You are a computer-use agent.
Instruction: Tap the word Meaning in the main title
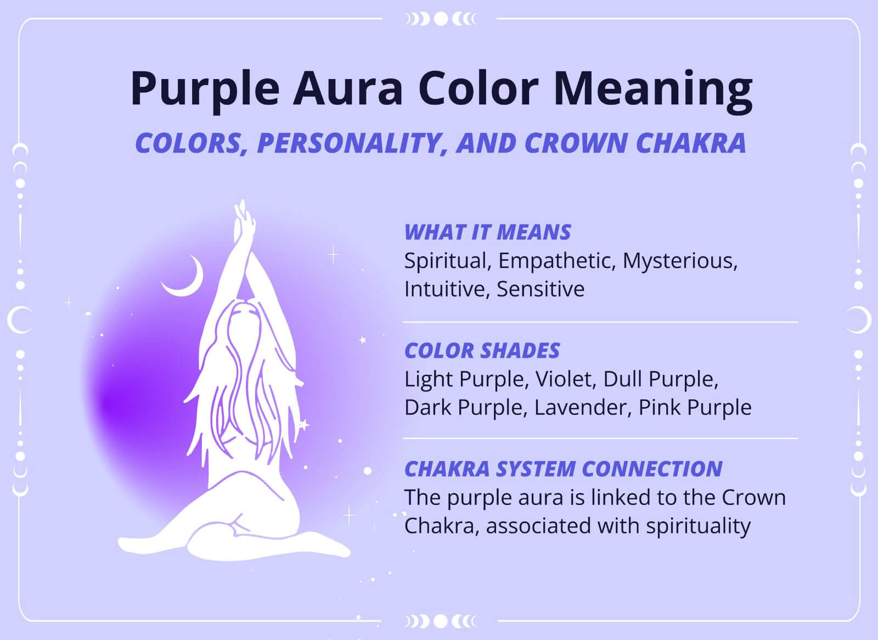click(652, 89)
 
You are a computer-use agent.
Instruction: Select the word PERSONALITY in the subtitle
click(351, 143)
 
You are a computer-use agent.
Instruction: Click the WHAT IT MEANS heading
click(487, 232)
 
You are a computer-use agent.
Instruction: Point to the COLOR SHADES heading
click(482, 351)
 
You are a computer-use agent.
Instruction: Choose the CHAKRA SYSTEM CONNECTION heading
click(563, 469)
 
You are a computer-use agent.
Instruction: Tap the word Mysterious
click(679, 261)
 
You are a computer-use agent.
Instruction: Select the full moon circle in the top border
click(440, 19)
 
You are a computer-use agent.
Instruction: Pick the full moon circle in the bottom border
click(440, 621)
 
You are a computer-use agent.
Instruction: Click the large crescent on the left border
click(20, 320)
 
